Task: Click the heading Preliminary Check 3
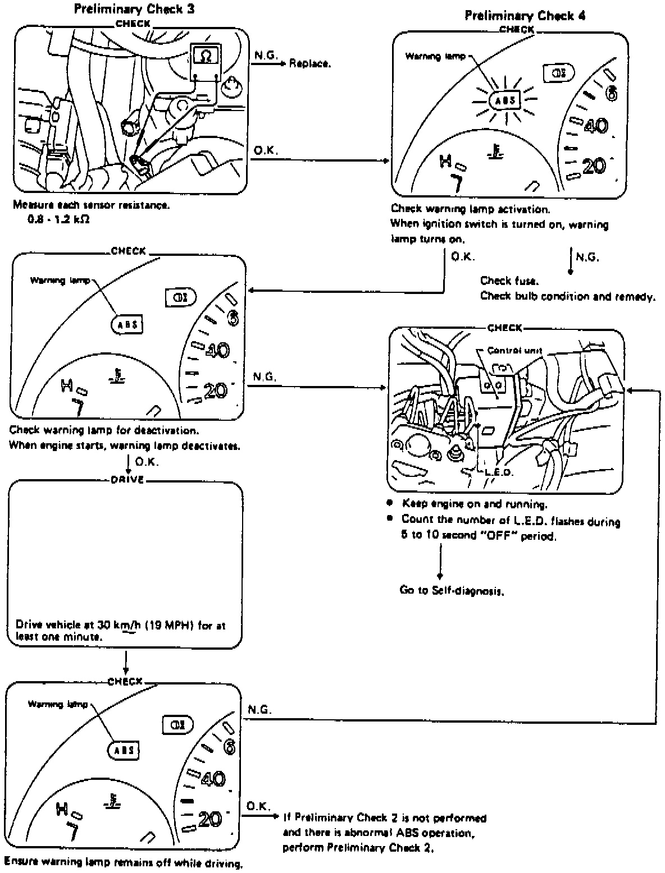tap(134, 8)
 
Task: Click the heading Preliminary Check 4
tap(525, 15)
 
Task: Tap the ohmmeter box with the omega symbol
tap(206, 55)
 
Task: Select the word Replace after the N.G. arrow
tap(309, 63)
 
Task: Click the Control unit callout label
tap(514, 351)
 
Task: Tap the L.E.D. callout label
tap(498, 472)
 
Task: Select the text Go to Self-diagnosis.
tap(451, 590)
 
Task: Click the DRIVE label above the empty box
tap(129, 480)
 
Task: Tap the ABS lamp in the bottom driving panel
tap(123, 750)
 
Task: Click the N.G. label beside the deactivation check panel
tap(264, 377)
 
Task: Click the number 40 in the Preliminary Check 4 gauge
tap(595, 126)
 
